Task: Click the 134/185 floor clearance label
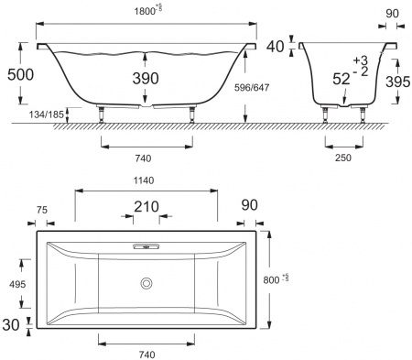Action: coord(20,115)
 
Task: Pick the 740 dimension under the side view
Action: coord(145,157)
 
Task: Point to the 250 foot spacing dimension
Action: coord(343,157)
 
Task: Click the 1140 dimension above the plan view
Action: coord(146,180)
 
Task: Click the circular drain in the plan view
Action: coord(146,283)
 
